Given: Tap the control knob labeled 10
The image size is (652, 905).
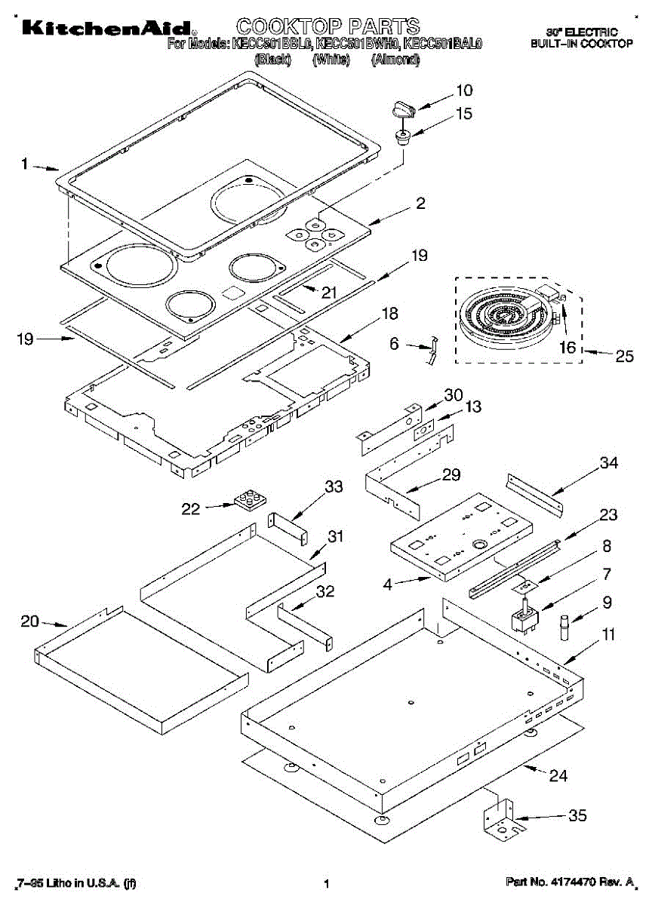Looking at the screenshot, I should point(404,111).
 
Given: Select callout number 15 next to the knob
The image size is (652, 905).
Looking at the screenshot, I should point(464,114).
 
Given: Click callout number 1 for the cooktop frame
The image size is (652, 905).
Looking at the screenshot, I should point(25,162).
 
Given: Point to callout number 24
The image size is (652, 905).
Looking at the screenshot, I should point(558,775).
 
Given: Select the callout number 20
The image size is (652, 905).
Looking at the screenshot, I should point(29,621).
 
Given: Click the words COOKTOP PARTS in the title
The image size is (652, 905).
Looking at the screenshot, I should point(328,27).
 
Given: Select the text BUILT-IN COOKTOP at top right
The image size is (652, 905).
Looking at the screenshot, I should point(581,44).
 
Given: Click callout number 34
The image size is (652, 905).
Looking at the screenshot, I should point(608,462).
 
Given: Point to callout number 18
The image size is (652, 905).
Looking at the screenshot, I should point(389,312).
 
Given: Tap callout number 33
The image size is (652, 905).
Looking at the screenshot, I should point(333,487).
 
